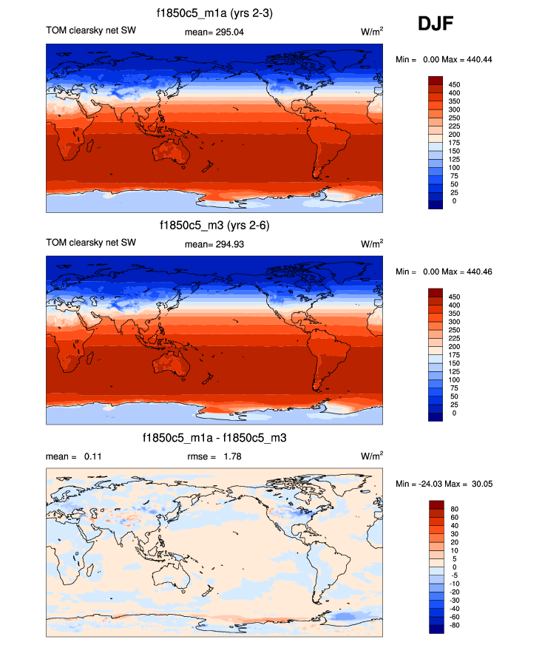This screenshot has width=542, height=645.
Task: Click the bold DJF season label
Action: [x=436, y=24]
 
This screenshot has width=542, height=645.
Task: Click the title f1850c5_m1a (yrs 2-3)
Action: [x=214, y=13]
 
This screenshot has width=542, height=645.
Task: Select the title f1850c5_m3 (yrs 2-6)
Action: [x=214, y=226]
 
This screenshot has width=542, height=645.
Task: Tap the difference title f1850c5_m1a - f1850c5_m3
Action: [x=214, y=439]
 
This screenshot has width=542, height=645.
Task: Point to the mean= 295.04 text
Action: [x=214, y=31]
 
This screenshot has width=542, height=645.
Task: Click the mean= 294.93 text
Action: [x=214, y=243]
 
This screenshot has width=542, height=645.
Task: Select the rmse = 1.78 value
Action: [x=214, y=456]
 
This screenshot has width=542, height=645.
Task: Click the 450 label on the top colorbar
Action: [x=455, y=85]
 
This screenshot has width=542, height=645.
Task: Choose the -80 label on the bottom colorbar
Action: [x=455, y=626]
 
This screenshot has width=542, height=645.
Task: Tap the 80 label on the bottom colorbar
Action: [x=453, y=509]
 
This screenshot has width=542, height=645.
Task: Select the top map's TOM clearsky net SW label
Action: [x=91, y=31]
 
